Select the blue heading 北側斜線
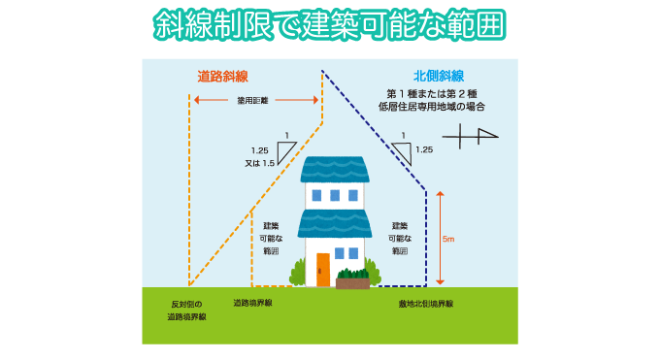click(437, 75)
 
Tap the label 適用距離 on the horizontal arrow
click(252, 100)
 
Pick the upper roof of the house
click(335, 170)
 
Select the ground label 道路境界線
click(252, 303)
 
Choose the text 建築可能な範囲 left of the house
click(271, 238)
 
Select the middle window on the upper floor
click(335, 195)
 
